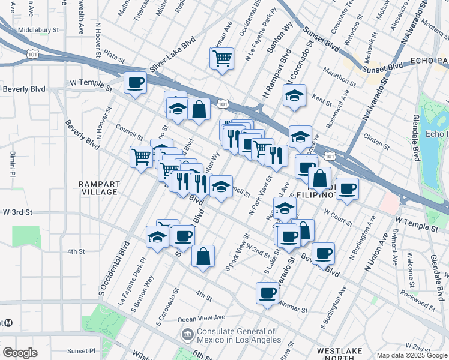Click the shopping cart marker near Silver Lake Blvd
(x=222, y=58)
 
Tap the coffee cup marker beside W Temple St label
(x=135, y=82)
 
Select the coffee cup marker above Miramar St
(x=267, y=293)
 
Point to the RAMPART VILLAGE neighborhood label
(x=100, y=188)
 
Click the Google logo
(x=20, y=353)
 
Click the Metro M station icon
(x=9, y=323)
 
